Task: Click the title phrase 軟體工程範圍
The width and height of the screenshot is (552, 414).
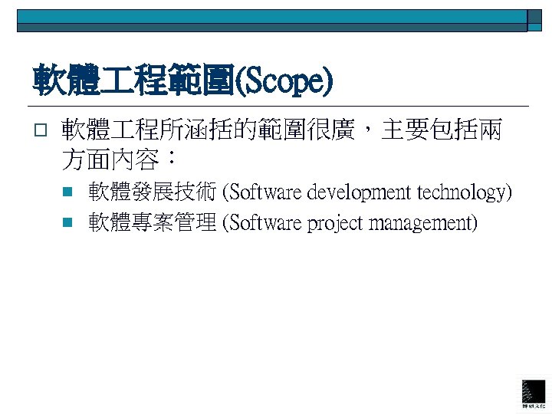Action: tap(131, 82)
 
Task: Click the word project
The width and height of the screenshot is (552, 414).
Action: tap(336, 223)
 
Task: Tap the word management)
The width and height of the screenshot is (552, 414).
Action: tap(423, 223)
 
